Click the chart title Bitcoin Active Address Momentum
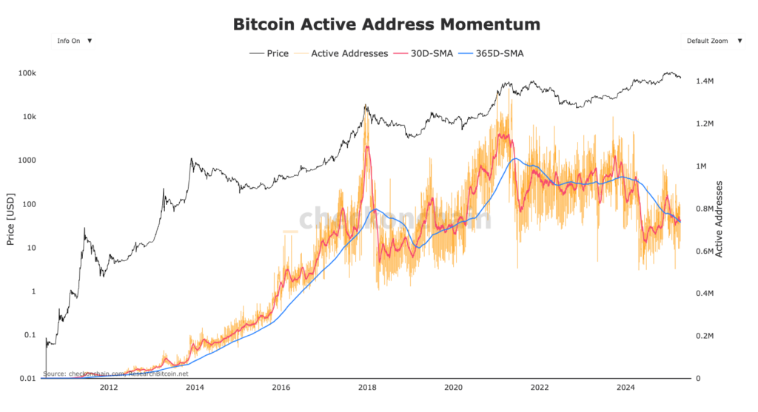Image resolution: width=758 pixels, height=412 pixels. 386,24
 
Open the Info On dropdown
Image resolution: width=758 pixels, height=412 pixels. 73,41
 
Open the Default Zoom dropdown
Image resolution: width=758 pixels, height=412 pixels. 712,41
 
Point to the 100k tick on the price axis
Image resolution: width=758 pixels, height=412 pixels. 27,73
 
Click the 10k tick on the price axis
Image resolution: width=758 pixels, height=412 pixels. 30,117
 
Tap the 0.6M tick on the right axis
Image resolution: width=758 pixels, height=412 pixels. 703,251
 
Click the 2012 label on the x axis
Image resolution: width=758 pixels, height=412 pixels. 108,388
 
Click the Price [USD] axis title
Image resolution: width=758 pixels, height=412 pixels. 10,219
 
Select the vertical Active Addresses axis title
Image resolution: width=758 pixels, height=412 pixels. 720,219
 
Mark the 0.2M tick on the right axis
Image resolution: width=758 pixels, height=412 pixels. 703,336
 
